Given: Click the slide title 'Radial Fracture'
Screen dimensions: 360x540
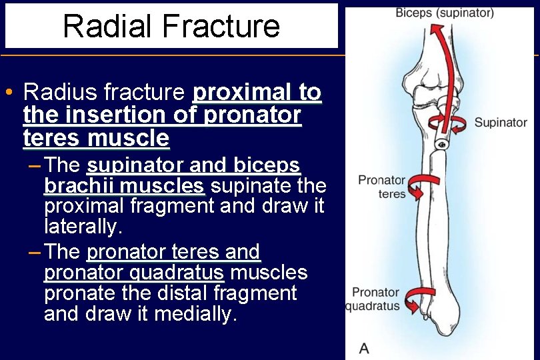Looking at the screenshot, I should [171, 26].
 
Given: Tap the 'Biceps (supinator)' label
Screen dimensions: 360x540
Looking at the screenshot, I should [445, 13].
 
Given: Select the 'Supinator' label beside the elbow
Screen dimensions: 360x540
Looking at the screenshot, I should [500, 123].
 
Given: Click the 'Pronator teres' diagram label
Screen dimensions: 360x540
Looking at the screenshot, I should [381, 187].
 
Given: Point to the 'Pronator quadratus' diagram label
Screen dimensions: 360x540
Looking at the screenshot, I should [375, 299].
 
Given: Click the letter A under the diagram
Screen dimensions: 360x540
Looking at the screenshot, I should [364, 347].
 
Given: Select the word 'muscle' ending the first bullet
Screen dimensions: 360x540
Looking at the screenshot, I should [128, 139].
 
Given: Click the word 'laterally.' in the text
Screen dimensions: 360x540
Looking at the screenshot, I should [83, 227].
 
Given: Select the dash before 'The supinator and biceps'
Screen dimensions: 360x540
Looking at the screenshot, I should [34, 165].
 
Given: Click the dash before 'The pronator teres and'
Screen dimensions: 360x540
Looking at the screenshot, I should [34, 252].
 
